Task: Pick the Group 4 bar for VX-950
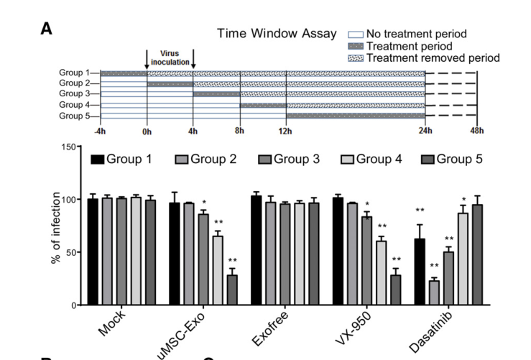pyautogui.click(x=380, y=272)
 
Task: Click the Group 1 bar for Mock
pyautogui.click(x=93, y=251)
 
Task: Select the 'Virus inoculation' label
pyautogui.click(x=170, y=57)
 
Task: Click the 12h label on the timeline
pyautogui.click(x=286, y=131)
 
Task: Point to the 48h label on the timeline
pyautogui.click(x=476, y=131)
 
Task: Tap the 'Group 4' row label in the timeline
pyautogui.click(x=75, y=105)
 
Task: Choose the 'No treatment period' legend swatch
pyautogui.click(x=355, y=34)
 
